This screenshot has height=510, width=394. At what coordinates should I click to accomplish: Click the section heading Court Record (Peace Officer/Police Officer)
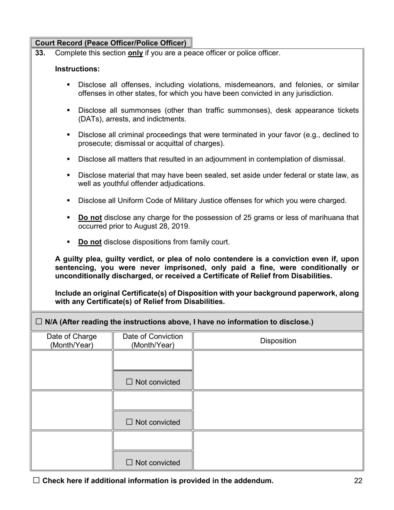click(111, 43)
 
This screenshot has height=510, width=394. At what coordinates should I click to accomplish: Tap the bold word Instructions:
click(77, 69)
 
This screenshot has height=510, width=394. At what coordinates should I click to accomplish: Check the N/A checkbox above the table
click(39, 321)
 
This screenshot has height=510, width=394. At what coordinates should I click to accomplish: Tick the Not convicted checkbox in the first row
click(129, 382)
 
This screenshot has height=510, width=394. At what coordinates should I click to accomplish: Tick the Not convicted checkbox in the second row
click(129, 422)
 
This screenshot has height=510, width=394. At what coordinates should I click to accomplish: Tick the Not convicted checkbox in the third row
click(129, 462)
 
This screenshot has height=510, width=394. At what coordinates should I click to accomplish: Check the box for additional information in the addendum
click(36, 481)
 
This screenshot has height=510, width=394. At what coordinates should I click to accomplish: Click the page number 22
click(358, 481)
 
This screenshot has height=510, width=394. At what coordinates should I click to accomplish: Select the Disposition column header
click(278, 341)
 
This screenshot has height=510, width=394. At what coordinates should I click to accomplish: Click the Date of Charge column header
click(71, 341)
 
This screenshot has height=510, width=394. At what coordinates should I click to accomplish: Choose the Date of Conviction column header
click(153, 341)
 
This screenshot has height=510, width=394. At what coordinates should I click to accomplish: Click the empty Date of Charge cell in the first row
click(71, 370)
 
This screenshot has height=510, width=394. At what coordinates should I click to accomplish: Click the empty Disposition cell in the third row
click(278, 450)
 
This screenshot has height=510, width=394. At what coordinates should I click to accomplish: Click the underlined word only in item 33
click(135, 53)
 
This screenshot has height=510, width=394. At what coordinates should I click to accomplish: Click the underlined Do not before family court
click(90, 242)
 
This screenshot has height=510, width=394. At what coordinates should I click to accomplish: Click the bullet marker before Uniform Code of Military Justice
click(68, 201)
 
